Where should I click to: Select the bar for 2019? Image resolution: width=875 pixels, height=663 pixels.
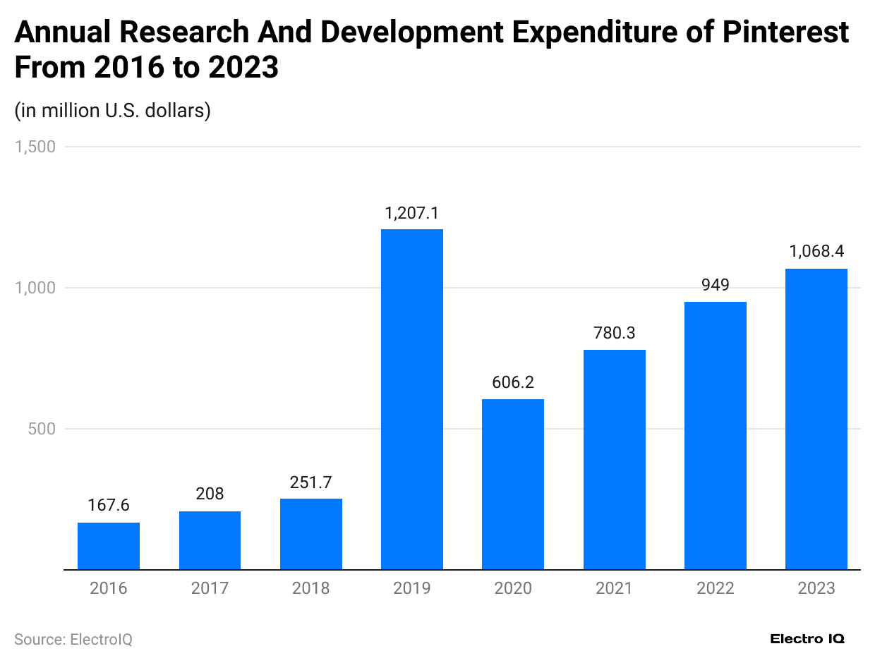[412, 399]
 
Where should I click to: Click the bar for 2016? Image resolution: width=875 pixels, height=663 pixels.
[109, 546]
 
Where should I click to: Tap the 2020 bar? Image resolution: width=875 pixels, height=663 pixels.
[513, 485]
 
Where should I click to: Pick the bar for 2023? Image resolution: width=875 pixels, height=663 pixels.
[816, 419]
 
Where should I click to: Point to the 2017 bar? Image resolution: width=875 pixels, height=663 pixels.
[210, 540]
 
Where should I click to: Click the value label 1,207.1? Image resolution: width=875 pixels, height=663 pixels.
[412, 213]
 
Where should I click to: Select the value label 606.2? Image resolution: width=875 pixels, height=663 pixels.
[513, 383]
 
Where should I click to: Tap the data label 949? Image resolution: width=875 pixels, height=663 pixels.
[716, 286]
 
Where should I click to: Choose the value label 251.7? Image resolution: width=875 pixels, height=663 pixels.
[311, 482]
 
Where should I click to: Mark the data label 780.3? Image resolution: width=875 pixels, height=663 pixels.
[614, 333]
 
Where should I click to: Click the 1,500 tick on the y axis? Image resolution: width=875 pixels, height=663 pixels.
[35, 147]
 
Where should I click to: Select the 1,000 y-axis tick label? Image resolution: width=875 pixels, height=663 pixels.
[35, 288]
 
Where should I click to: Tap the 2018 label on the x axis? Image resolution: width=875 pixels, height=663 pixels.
[311, 588]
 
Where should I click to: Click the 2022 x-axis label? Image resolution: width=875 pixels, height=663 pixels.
[716, 588]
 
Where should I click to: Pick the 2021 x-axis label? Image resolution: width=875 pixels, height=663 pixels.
[614, 588]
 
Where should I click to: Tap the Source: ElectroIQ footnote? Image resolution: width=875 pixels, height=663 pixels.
[73, 639]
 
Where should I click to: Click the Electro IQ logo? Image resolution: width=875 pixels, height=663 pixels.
[807, 639]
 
